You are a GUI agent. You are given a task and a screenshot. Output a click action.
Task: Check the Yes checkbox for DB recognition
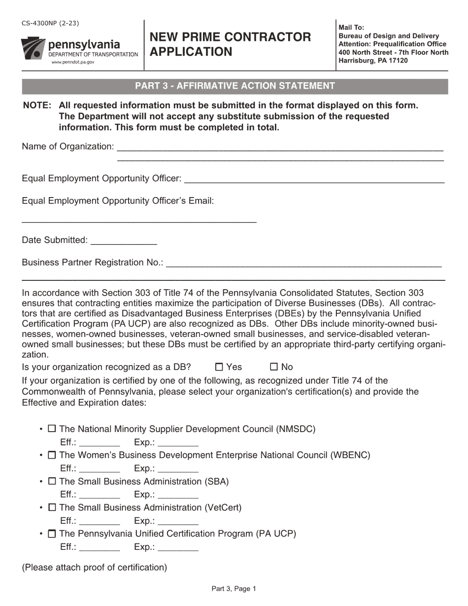220,367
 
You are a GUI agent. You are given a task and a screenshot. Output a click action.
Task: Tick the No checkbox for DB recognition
274,367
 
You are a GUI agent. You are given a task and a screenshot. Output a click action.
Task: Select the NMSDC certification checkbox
51,429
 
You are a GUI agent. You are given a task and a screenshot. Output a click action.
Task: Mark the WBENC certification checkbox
51,455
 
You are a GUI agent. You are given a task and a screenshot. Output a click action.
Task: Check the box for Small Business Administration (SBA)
51,481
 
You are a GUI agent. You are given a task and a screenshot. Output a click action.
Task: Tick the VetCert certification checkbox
51,507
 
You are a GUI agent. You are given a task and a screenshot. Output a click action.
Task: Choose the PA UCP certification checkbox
51,534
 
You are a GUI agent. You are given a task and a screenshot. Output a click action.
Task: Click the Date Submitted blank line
124,241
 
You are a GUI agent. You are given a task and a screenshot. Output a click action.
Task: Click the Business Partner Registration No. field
303,263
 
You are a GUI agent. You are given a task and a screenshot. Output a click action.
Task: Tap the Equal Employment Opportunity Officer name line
314,179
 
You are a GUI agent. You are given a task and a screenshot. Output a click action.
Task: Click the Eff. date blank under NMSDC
99,442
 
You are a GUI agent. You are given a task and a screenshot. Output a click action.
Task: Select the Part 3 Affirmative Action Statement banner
235,86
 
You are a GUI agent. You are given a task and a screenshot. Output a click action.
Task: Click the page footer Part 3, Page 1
234,588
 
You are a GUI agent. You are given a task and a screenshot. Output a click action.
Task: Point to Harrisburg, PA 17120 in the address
373,61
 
